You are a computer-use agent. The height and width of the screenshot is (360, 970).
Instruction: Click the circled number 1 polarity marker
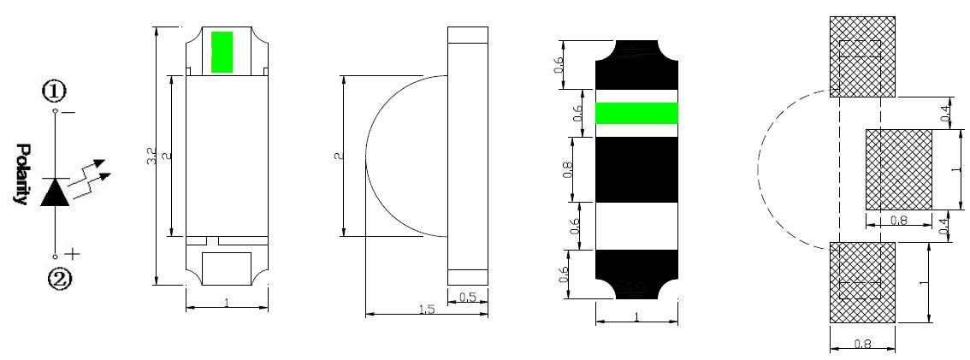[x=54, y=91]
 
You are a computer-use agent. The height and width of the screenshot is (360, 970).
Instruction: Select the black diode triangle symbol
[x=56, y=192]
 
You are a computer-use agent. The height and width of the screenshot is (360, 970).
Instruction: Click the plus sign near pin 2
[x=73, y=253]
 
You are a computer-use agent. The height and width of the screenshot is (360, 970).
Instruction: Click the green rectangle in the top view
[x=222, y=52]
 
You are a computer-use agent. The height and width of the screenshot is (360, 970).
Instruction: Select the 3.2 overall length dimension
[x=151, y=156]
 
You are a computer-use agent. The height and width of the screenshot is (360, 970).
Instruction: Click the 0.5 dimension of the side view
[x=467, y=298]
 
